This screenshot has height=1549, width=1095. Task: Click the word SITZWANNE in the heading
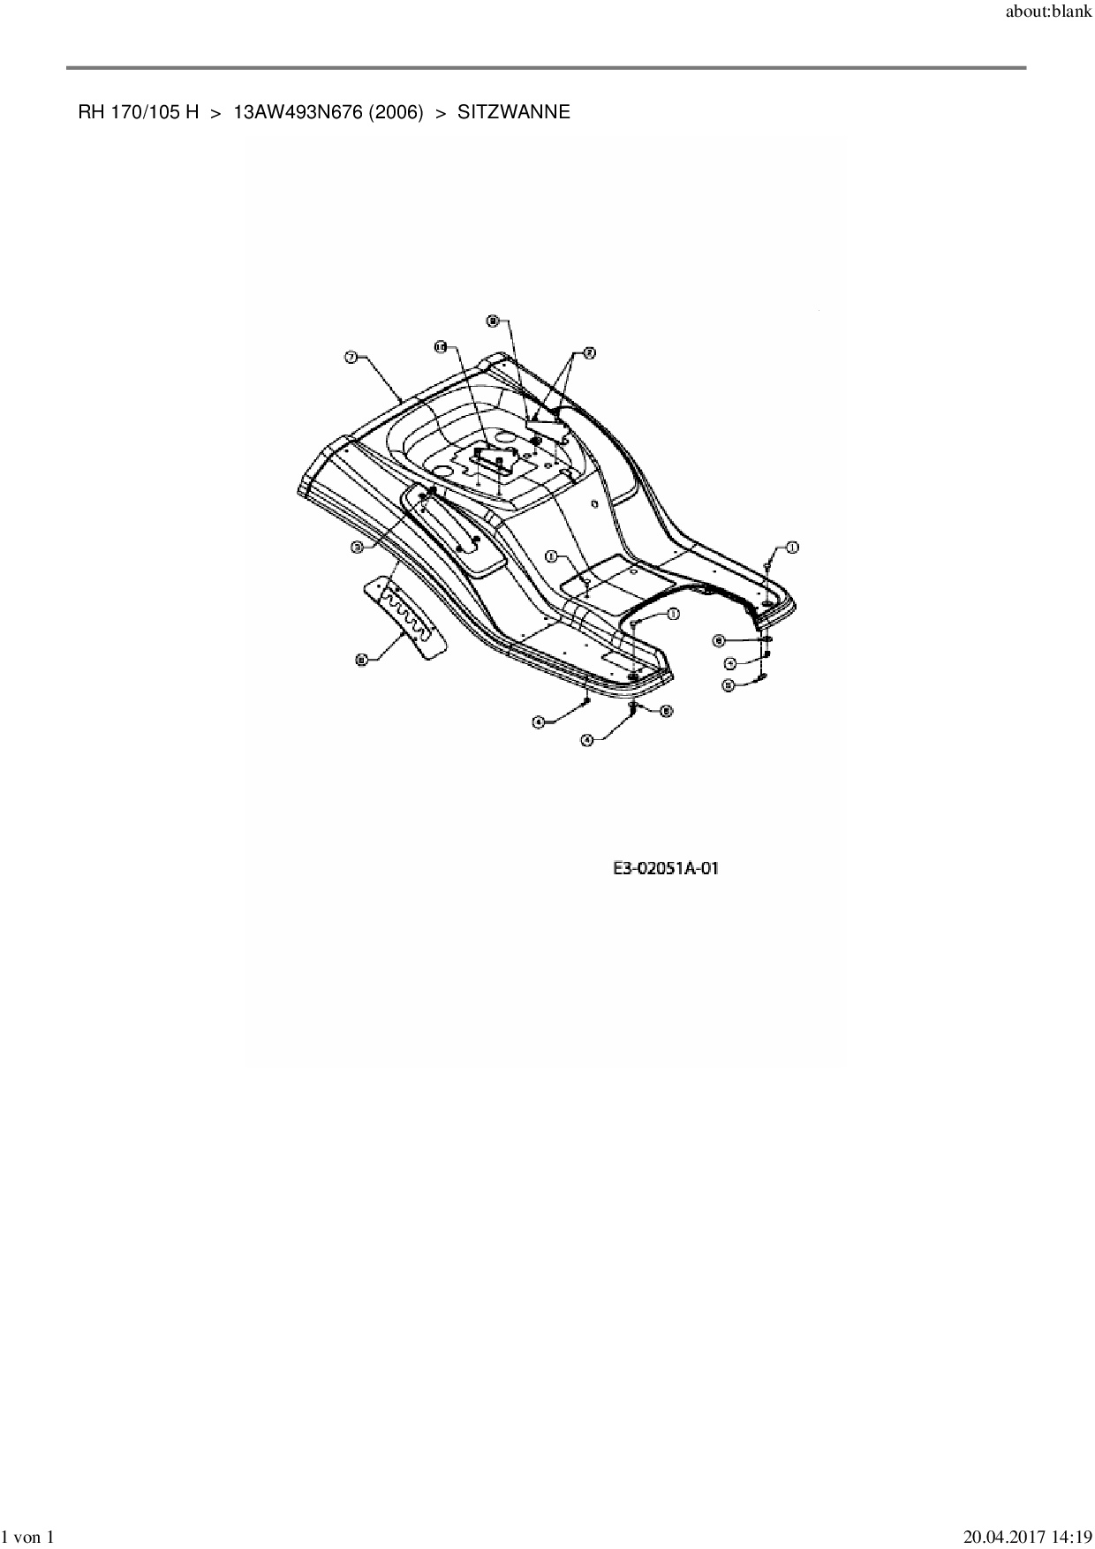[x=513, y=112]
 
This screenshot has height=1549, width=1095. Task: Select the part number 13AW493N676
[x=291, y=112]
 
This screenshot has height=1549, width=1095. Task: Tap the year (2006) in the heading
[x=389, y=112]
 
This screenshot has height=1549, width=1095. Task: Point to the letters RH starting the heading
[x=90, y=112]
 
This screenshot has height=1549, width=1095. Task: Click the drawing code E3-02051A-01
[x=666, y=868]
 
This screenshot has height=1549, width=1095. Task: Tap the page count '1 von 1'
[x=28, y=1538]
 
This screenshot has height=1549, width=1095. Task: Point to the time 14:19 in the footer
[x=1069, y=1538]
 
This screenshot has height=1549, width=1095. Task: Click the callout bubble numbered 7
[x=351, y=357]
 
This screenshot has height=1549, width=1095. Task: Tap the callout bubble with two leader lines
[x=589, y=353]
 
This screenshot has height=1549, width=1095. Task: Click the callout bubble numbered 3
[x=358, y=548]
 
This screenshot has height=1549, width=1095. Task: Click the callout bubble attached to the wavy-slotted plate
[x=361, y=658]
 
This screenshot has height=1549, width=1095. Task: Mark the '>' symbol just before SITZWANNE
[x=442, y=112]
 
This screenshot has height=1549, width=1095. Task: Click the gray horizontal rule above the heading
[x=546, y=67]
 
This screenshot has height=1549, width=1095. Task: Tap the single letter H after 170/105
[x=192, y=112]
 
